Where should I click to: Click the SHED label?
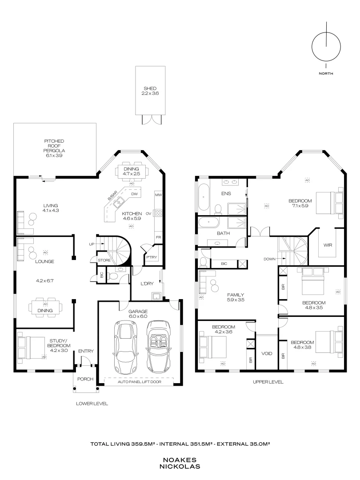[150, 88]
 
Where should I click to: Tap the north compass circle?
[312, 47]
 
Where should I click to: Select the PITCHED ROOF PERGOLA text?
[54, 146]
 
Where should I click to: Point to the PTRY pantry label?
[152, 257]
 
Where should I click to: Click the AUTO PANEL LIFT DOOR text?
[139, 382]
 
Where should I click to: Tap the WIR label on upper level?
[328, 245]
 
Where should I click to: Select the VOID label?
[267, 353]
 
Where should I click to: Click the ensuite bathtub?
[204, 197]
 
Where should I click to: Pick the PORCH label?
[85, 379]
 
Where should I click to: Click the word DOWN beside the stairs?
[269, 259]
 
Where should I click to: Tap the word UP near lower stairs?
[92, 244]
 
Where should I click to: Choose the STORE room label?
[104, 260]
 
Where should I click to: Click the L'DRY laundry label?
[147, 284]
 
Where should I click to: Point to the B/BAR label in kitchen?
[112, 196]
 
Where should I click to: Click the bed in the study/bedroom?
[30, 348]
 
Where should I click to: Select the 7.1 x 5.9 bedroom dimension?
[300, 206]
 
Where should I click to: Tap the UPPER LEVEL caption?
[268, 382]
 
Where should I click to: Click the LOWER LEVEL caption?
[92, 404]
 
